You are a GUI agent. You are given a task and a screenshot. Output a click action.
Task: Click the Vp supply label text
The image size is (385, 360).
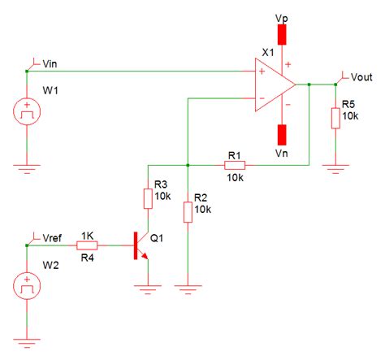pos(282,16)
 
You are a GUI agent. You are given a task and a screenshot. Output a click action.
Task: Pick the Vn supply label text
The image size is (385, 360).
pos(282,152)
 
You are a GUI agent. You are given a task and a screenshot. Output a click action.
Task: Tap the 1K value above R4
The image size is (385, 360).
pos(88,233)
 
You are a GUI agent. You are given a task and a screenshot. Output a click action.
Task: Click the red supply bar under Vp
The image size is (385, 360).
pos(282,34)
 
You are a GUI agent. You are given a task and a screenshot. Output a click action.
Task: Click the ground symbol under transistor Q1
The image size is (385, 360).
pos(148,287)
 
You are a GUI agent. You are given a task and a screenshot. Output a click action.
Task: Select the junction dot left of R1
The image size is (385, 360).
pos(188,165)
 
